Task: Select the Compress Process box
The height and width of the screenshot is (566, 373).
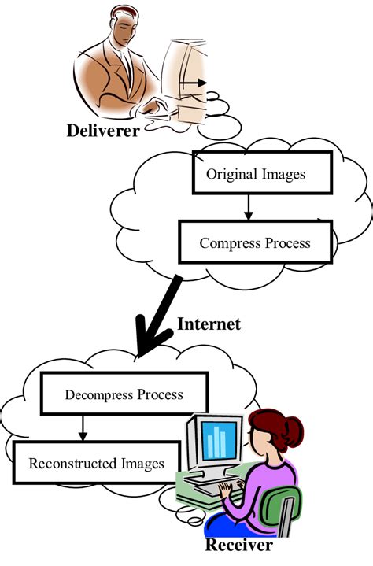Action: [255, 242]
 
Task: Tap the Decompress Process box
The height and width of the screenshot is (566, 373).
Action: [124, 394]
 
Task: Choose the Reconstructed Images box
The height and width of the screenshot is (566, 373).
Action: [96, 462]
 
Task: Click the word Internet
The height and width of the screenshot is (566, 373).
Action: [209, 324]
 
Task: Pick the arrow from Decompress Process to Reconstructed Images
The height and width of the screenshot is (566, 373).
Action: [81, 428]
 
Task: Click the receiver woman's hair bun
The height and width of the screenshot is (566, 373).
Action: [293, 429]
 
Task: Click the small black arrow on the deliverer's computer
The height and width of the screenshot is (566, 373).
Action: [198, 83]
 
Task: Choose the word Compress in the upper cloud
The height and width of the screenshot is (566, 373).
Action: [225, 242]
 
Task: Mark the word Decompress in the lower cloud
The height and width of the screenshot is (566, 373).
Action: [96, 394]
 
